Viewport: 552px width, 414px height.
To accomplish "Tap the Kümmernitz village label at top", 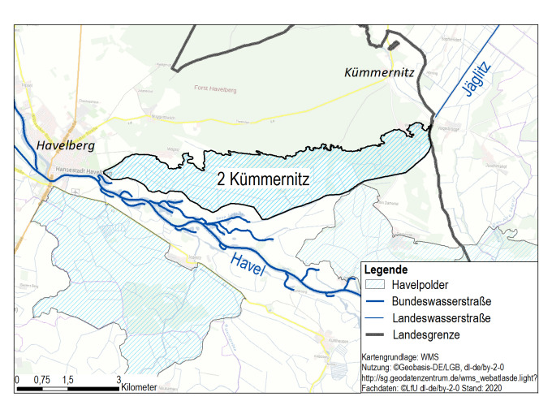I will (379, 74).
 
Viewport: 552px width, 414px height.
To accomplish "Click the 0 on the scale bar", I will (17, 380).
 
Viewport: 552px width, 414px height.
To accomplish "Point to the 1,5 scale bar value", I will (68, 380).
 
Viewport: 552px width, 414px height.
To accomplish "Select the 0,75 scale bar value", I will (42, 380).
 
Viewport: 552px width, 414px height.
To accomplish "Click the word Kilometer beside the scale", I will (139, 389).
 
